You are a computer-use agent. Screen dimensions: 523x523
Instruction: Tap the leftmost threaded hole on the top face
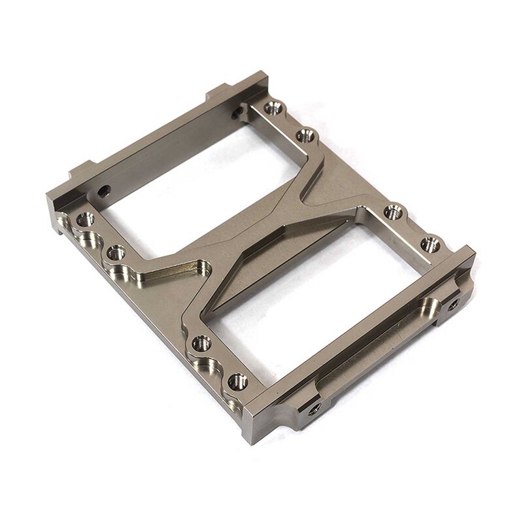point(85,220)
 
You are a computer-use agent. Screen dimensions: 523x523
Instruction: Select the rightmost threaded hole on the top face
point(430,245)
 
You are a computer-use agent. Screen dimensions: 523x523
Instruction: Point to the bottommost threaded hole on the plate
point(237,380)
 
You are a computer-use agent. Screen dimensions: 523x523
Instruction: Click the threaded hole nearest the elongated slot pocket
point(116,252)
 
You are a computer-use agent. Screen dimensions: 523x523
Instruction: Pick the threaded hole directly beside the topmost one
point(306,136)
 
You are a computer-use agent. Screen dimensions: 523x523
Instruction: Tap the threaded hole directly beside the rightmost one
point(392,212)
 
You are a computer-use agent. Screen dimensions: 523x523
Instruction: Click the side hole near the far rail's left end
point(103,191)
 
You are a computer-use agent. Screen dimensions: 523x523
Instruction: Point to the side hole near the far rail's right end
point(237,112)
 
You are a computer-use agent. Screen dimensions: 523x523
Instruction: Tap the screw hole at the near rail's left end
point(314,408)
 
